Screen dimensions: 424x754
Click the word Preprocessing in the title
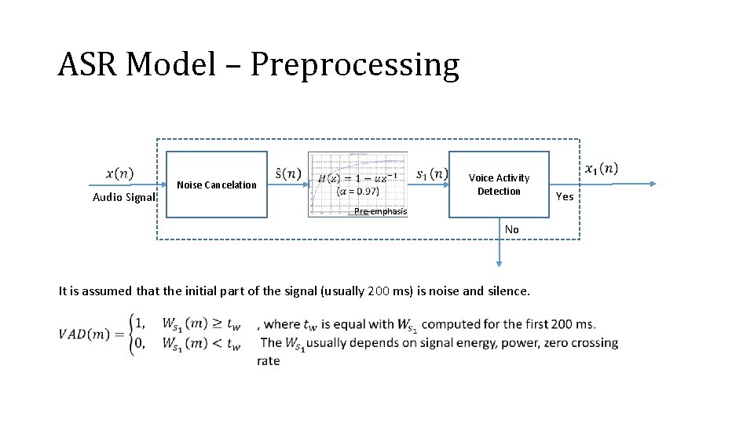coord(354,65)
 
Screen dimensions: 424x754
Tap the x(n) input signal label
coord(119,173)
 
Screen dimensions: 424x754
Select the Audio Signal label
coord(123,197)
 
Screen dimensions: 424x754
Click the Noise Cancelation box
coord(217,185)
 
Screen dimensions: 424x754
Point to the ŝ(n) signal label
coord(288,173)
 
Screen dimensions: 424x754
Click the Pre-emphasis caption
coord(380,211)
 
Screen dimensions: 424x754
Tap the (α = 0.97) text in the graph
coord(357,191)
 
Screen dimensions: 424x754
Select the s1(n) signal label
coord(431,173)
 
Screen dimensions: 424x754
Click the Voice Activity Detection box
coord(499,185)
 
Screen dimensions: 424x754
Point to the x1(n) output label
coord(602,168)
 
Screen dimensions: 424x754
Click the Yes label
coord(565,196)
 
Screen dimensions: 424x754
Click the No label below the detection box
coord(511,229)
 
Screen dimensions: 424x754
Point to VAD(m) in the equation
coord(86,334)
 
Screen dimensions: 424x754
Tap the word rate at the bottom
coord(268,361)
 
